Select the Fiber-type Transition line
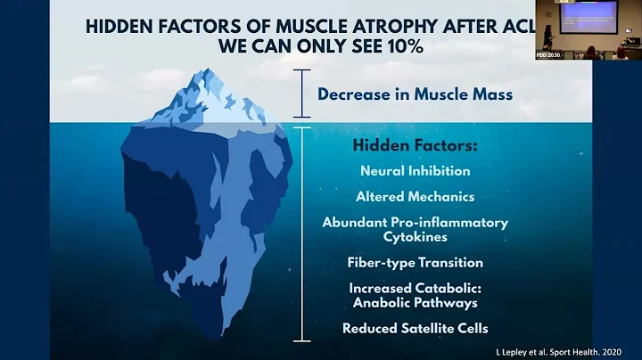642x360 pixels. (x=415, y=263)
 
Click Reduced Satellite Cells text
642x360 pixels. (x=415, y=329)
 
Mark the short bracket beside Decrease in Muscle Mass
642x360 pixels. (x=304, y=94)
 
